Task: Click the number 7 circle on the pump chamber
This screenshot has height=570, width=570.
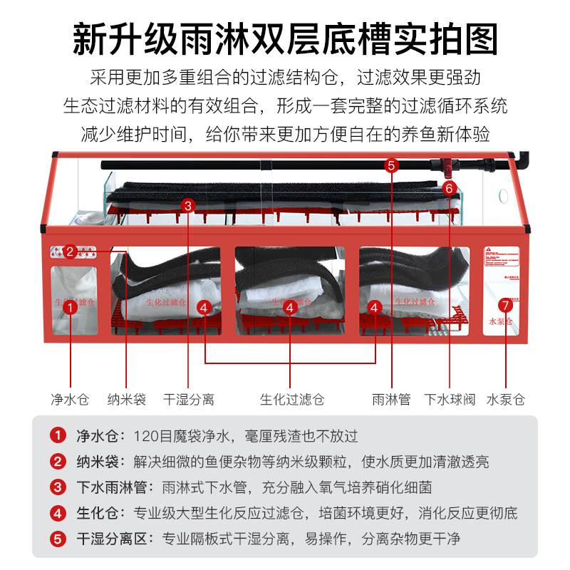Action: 505,305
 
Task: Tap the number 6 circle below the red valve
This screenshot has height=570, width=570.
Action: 449,189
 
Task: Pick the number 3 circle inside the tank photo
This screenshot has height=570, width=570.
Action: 188,205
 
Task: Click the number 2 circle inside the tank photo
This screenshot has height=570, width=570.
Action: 70,251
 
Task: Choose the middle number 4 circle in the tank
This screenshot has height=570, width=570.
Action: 290,308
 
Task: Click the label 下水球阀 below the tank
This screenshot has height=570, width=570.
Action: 450,399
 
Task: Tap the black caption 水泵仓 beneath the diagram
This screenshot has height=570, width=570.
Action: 506,399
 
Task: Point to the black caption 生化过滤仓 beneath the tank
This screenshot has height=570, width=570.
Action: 291,399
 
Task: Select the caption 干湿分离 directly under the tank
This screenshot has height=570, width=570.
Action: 188,399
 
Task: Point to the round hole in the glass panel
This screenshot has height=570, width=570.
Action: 502,194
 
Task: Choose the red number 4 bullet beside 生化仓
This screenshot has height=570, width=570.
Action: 57,513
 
